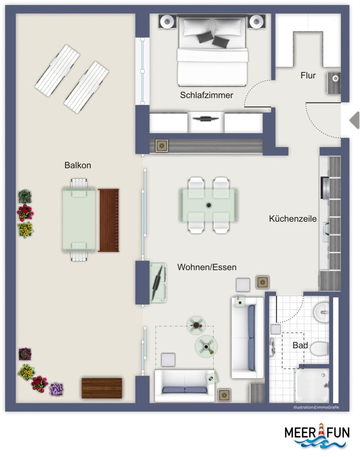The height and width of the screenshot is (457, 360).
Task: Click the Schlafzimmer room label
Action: click(x=207, y=95)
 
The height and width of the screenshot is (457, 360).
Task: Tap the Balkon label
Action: click(x=78, y=165)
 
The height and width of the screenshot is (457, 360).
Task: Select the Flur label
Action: click(x=308, y=75)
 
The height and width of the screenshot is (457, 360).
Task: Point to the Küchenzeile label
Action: click(x=293, y=219)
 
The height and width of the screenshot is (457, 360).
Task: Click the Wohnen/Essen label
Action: click(x=207, y=267)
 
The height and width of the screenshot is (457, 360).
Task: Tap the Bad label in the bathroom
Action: click(x=300, y=345)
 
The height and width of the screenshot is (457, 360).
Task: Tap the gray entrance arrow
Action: click(x=355, y=120)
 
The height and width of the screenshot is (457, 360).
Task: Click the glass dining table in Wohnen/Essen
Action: click(x=209, y=205)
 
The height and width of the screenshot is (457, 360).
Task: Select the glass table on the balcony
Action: click(x=79, y=220)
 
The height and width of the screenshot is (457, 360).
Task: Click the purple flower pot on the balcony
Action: click(x=56, y=389)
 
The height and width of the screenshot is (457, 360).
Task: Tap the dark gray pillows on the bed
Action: click(x=213, y=39)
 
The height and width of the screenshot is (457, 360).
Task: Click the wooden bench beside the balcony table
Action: click(x=108, y=220)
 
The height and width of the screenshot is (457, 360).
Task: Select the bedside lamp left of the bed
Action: click(x=167, y=21)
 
